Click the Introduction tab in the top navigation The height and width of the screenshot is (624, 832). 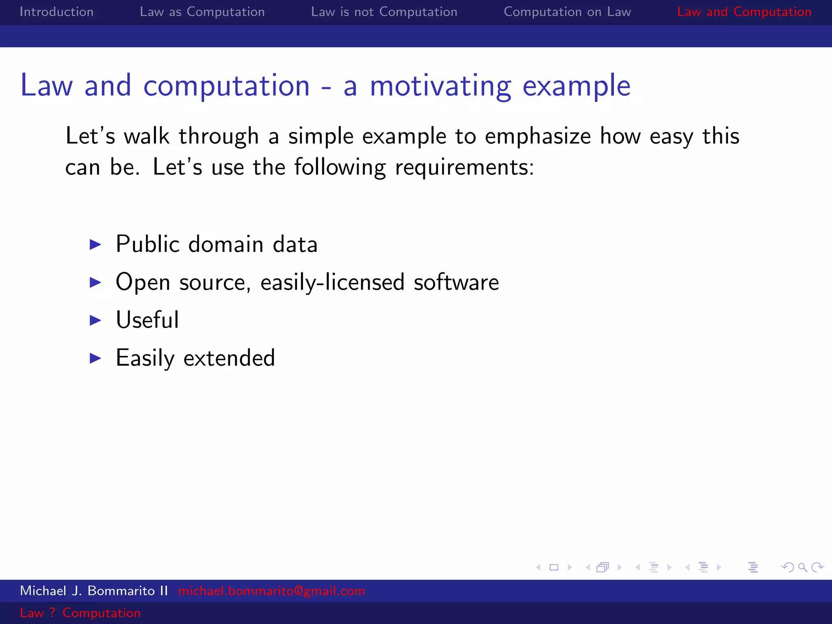tap(56, 12)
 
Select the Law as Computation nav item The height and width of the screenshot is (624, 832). tap(202, 12)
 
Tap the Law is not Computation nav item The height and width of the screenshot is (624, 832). tap(384, 12)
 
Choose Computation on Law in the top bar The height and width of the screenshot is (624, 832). tap(567, 12)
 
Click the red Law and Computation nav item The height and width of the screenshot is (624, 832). tap(744, 12)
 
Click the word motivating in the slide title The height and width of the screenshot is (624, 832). tap(440, 86)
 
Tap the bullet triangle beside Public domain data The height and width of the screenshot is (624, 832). tap(95, 245)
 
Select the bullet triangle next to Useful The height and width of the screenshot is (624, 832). tap(95, 321)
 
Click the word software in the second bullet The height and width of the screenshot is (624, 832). tap(456, 282)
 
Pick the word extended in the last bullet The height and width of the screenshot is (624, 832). tap(229, 358)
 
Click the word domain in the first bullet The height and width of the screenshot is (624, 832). tap(226, 245)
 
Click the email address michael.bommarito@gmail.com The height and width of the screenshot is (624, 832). tap(271, 591)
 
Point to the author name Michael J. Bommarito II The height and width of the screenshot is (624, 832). tap(94, 591)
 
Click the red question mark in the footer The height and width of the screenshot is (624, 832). tap(52, 613)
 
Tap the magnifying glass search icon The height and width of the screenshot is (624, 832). tap(802, 567)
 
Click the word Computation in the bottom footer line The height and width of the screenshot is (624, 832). tap(102, 613)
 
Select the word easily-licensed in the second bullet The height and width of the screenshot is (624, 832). tap(332, 282)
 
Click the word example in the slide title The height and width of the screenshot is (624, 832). tap(576, 86)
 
